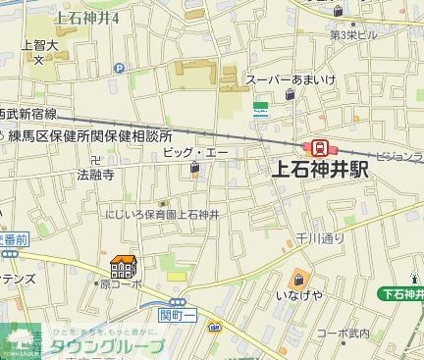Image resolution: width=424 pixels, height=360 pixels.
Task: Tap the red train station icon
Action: coord(320,146)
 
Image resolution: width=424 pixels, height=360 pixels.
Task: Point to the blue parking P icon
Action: coord(120,68)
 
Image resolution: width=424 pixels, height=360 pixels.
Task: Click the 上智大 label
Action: coord(38,44)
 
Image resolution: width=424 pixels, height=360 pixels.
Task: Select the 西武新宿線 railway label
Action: coord(27,114)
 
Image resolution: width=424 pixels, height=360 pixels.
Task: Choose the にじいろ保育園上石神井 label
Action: coord(165,213)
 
